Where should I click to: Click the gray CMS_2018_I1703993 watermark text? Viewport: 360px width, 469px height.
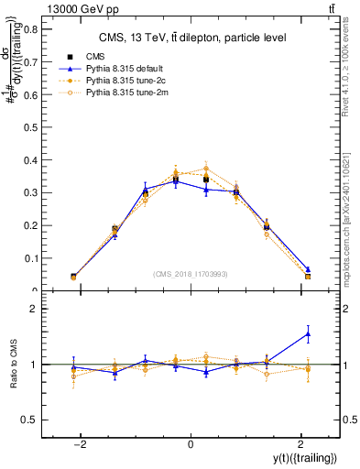(x=191, y=274)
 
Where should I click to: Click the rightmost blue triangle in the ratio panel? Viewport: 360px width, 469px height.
(x=308, y=334)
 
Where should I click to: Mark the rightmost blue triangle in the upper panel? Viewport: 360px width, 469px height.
(x=308, y=270)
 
